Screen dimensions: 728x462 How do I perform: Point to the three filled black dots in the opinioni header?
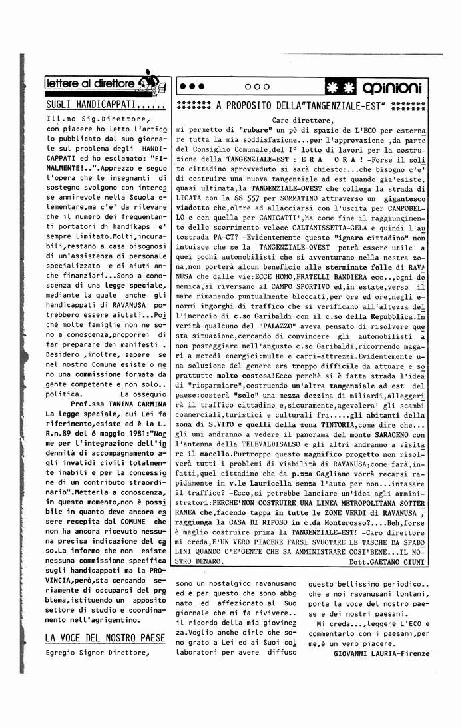[193, 87]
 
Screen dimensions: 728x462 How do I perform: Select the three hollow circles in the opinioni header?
[257, 87]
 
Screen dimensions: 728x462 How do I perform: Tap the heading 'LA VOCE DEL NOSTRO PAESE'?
[105, 637]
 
